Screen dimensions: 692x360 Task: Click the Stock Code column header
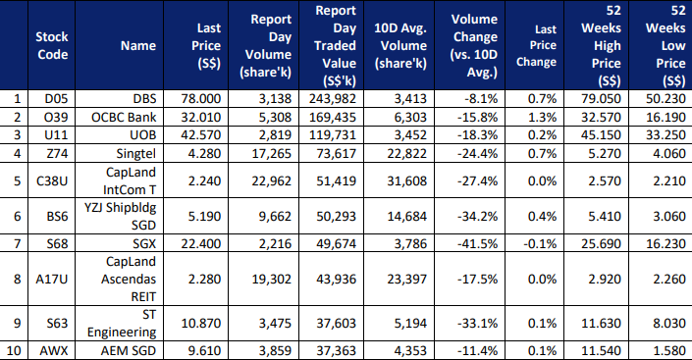(x=52, y=45)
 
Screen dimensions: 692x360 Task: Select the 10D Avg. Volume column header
(x=400, y=45)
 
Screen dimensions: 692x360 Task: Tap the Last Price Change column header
(x=537, y=45)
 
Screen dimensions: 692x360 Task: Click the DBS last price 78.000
(x=201, y=98)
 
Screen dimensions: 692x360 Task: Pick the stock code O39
(x=56, y=117)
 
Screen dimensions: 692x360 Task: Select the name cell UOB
(x=143, y=135)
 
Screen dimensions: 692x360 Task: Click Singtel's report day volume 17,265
(x=272, y=154)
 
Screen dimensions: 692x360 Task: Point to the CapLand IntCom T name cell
(x=130, y=180)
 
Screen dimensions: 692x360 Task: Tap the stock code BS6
(x=57, y=216)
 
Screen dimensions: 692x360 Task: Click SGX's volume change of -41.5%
(x=477, y=243)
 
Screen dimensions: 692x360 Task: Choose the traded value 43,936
(x=336, y=279)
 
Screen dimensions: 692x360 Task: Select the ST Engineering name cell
(x=122, y=323)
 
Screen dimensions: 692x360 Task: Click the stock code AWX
(x=54, y=351)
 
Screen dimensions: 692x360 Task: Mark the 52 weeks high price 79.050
(x=601, y=98)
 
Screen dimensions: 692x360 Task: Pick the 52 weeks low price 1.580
(x=669, y=351)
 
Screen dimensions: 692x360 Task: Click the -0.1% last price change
(x=540, y=243)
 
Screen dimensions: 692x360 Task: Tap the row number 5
(x=18, y=180)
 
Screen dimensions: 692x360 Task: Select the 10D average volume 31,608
(x=407, y=180)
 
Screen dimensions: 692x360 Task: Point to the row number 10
(x=14, y=351)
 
